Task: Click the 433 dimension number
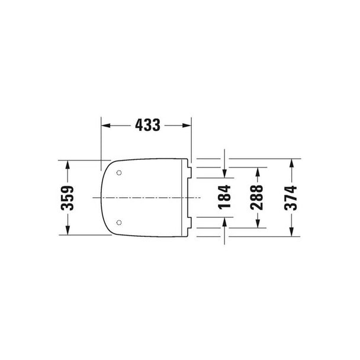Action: click(147, 125)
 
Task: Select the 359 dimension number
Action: click(67, 198)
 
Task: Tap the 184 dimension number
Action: click(224, 197)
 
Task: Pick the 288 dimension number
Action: click(257, 197)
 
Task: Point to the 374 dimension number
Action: click(291, 198)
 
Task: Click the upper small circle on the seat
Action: click(119, 173)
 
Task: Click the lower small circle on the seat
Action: click(119, 222)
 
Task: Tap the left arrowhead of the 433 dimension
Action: click(106, 126)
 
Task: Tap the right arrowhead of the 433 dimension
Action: click(187, 126)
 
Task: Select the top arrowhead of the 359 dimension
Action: click(67, 165)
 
